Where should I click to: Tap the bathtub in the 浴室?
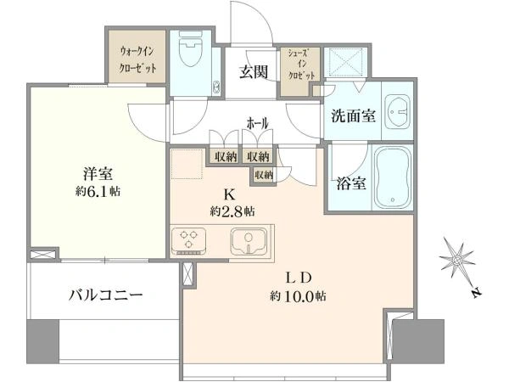393,177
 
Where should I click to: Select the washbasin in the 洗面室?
398,112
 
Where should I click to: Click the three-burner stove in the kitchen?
188,241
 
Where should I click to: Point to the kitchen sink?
249,241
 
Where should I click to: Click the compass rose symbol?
457,259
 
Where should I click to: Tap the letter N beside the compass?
476,293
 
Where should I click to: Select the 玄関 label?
254,72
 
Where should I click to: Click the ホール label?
258,123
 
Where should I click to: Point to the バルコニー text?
105,295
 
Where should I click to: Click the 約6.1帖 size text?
98,191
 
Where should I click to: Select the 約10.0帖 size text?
298,296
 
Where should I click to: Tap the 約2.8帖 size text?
232,211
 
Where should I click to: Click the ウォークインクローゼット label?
137,59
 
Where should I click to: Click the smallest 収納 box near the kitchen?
264,175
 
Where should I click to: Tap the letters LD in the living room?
299,278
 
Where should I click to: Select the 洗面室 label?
354,115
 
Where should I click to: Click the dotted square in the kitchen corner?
187,164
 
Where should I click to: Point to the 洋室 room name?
98,174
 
